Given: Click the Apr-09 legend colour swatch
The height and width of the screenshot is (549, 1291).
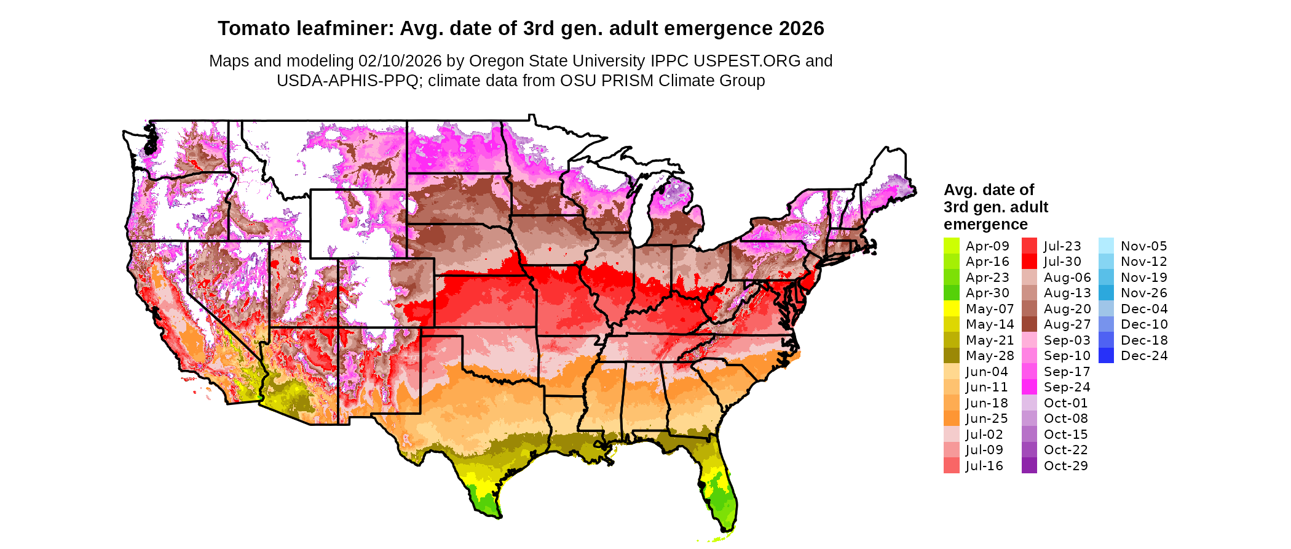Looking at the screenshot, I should (x=951, y=246).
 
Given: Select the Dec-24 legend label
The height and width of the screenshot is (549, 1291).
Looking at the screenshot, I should (x=1143, y=356).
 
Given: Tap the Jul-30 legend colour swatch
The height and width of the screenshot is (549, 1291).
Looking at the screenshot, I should (x=1029, y=262).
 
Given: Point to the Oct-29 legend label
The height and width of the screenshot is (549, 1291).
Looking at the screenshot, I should (x=1065, y=466).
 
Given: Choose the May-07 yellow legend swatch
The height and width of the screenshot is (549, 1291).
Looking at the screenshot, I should (x=951, y=308).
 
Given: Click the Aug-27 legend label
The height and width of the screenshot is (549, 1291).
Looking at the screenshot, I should (x=1067, y=324).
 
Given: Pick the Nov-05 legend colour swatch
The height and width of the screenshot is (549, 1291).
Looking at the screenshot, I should (x=1106, y=246).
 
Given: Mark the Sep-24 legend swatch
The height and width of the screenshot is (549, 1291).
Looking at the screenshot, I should (x=1029, y=387).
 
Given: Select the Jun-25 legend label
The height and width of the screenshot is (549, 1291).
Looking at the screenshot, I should (x=987, y=419).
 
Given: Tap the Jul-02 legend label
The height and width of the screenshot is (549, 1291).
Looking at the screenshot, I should (x=984, y=435).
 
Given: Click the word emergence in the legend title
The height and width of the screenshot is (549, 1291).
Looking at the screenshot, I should (x=985, y=225).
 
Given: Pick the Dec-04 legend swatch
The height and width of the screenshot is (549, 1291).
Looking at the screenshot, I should (x=1106, y=308).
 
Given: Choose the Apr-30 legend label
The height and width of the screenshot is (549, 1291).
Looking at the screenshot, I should (x=987, y=293).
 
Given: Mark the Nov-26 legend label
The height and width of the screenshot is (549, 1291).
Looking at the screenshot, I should (x=1143, y=293).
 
